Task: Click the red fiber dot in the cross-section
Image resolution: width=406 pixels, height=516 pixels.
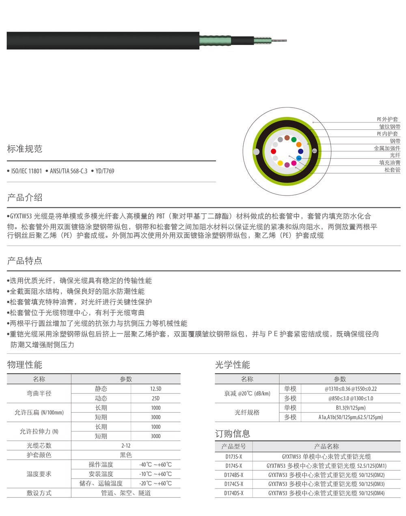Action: pyautogui.click(x=274, y=151)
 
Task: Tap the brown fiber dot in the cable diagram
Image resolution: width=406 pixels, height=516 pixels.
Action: pyautogui.click(x=287, y=138)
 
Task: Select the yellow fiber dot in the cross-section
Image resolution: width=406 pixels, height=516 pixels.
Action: pyautogui.click(x=280, y=163)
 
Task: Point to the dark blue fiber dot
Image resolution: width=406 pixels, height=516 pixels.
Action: pyautogui.click(x=300, y=151)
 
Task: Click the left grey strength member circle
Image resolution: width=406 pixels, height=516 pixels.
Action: pyautogui.click(x=256, y=152)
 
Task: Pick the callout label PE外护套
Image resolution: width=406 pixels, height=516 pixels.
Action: pyautogui.click(x=387, y=119)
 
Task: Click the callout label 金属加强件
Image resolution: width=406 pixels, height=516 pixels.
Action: pyautogui.click(x=387, y=148)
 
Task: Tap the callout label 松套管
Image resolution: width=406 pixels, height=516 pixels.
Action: pyautogui.click(x=392, y=170)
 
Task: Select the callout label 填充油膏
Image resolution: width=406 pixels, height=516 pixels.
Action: pyautogui.click(x=390, y=163)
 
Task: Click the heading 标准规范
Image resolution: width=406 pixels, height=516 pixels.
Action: pyautogui.click(x=25, y=149)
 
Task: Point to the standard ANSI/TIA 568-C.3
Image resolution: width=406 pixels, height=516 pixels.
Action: pyautogui.click(x=69, y=171)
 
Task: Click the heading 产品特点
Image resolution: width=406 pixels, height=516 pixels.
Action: pyautogui.click(x=25, y=261)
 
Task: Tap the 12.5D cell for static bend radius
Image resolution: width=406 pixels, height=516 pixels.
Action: pyautogui.click(x=155, y=389)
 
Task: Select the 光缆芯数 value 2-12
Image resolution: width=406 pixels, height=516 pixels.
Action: pyautogui.click(x=126, y=446)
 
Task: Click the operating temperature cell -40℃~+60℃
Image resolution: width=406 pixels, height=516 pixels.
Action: pyautogui.click(x=155, y=465)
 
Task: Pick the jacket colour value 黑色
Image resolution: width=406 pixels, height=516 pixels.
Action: pyautogui.click(x=126, y=455)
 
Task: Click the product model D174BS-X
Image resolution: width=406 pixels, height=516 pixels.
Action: pyautogui.click(x=234, y=475)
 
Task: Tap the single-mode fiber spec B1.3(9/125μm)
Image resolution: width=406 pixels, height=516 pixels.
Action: pyautogui.click(x=350, y=408)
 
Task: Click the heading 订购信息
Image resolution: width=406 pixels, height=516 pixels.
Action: pyautogui.click(x=233, y=434)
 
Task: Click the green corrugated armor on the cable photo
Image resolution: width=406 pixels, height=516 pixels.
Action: pyautogui.click(x=215, y=41)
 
